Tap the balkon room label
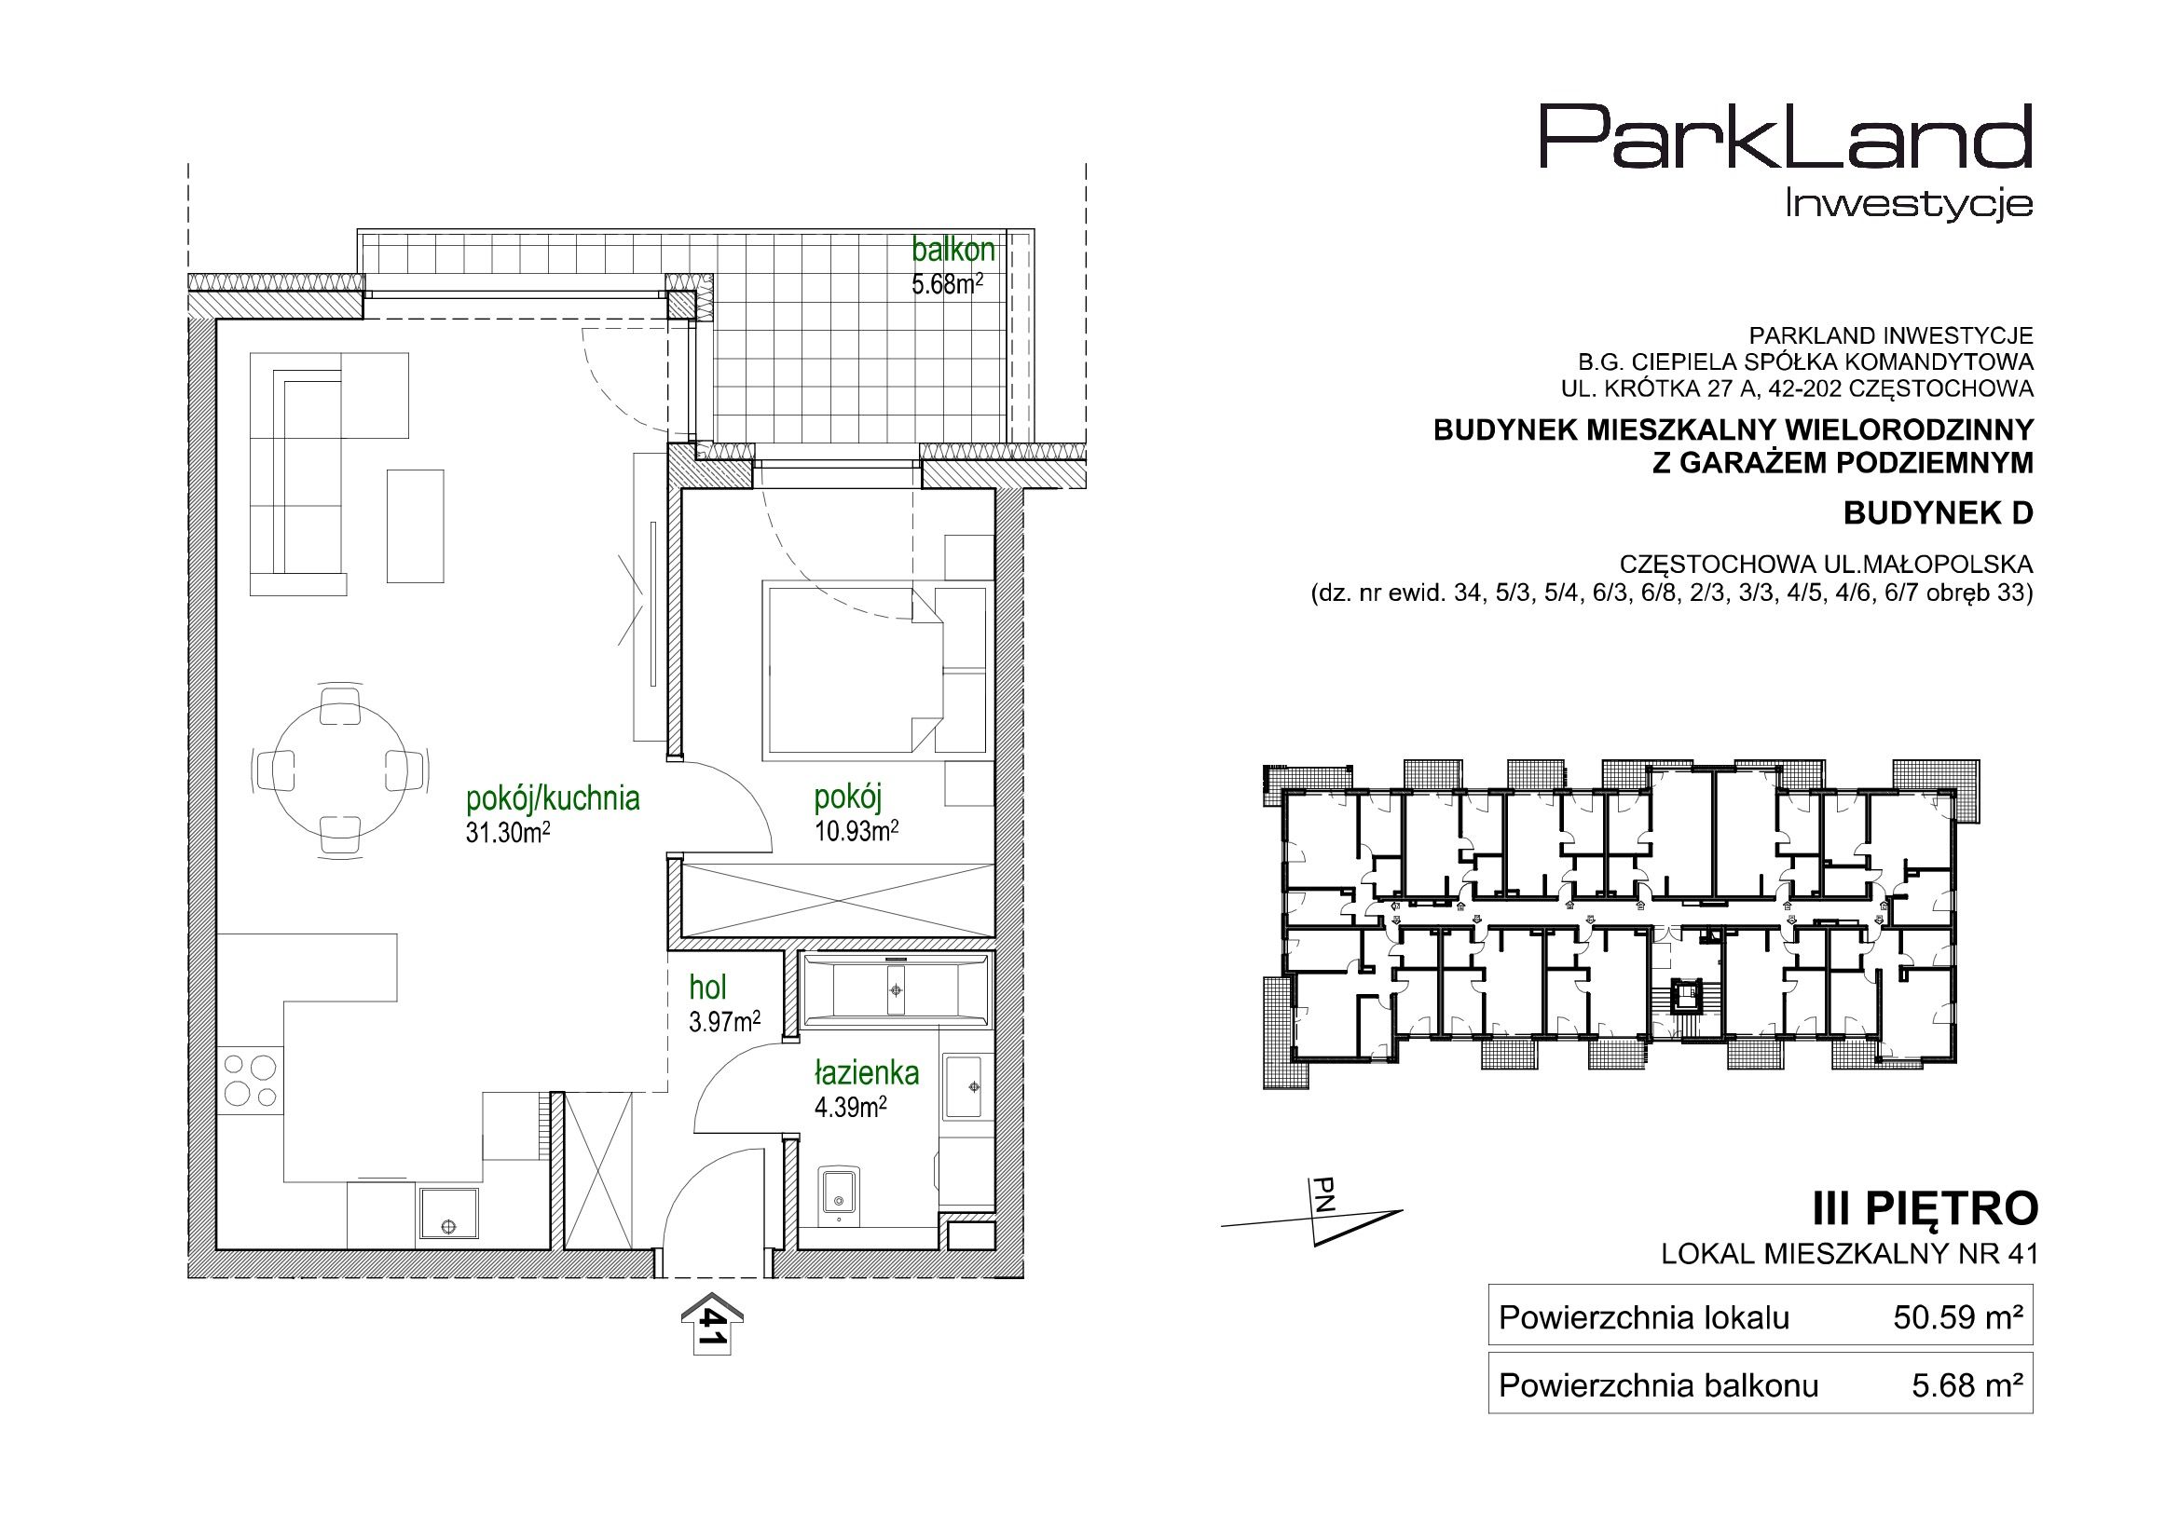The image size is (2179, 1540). (x=952, y=250)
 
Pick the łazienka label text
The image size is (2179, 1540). (x=867, y=1073)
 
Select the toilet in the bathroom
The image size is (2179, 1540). (x=839, y=1194)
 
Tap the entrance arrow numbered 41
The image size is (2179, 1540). (x=713, y=1324)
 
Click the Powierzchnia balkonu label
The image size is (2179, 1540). (x=1659, y=1386)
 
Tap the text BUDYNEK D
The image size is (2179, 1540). (x=1938, y=513)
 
